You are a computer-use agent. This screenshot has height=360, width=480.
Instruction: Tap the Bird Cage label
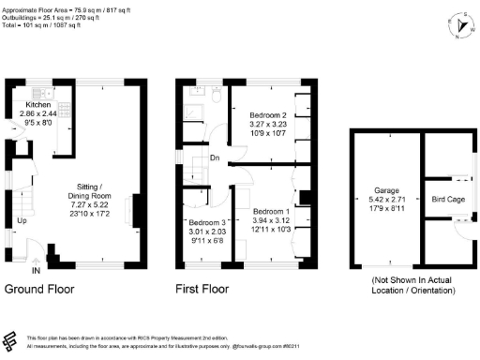pos(445,200)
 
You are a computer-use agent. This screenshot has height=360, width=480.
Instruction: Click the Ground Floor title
pos(39,290)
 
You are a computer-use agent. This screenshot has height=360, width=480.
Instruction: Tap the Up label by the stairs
pos(21,220)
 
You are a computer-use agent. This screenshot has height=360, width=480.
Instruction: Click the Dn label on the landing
pos(215,157)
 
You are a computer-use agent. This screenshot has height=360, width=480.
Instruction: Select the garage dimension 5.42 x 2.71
pos(385,197)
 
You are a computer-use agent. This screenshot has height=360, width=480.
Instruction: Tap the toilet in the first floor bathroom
pos(216,94)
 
